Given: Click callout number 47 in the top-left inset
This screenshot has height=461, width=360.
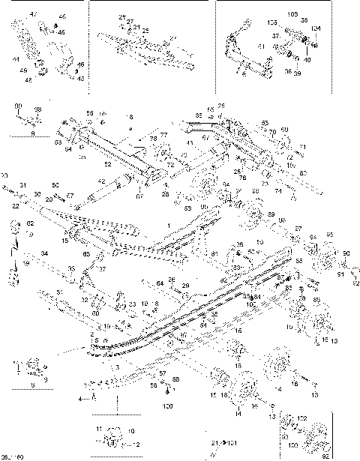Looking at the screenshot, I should tap(32, 14).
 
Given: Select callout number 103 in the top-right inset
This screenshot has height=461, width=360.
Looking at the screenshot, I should tap(292, 14).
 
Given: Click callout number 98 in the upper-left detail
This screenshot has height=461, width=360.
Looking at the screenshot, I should tap(39, 109).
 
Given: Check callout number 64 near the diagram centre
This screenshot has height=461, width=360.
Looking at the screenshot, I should tap(160, 283).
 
